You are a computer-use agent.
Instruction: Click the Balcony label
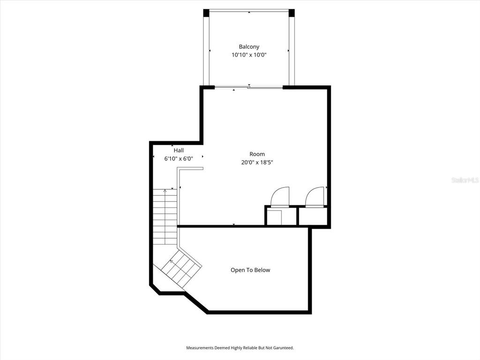coord(249,47)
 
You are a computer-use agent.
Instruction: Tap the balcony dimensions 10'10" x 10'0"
coord(249,55)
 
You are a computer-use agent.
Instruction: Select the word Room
coord(257,154)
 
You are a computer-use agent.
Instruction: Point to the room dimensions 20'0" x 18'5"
coord(257,162)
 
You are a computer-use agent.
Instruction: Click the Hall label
coord(179,150)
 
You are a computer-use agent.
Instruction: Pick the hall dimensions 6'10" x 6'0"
coord(179,158)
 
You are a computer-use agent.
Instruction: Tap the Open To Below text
coord(250,270)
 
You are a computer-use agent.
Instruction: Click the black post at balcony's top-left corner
coord(206,13)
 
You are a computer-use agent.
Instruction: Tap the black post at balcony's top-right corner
coord(292,13)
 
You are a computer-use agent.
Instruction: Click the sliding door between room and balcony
coord(248,88)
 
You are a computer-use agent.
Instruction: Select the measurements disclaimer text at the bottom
coord(240,348)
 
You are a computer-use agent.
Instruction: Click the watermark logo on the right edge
coord(465,180)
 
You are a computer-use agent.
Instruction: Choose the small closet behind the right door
coord(313,217)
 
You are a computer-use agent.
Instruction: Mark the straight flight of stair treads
coord(165,217)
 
